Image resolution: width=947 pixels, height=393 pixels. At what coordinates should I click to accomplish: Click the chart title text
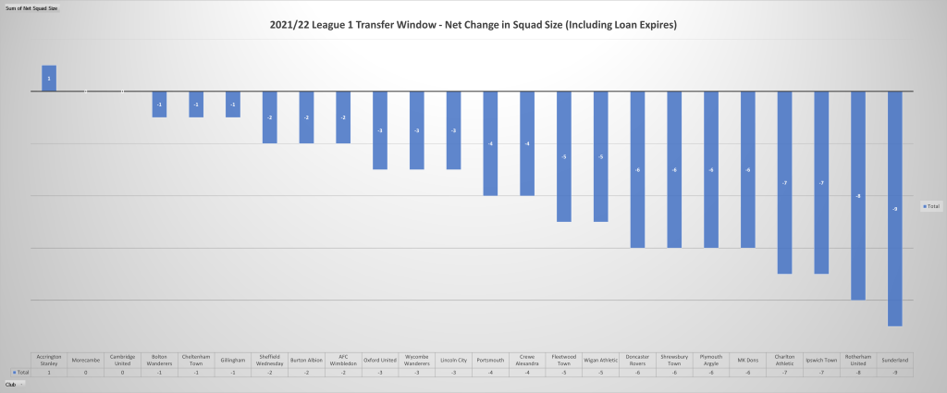coord(473,25)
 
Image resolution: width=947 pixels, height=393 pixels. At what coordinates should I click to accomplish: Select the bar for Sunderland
coord(894,208)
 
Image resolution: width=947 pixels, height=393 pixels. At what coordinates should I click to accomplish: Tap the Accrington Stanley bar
coord(49,79)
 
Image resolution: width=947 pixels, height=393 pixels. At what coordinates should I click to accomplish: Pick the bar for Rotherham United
coord(857,195)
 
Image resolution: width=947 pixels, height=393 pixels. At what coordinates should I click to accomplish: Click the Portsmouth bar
coord(490,143)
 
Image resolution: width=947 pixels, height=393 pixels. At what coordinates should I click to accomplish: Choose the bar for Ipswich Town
coord(820,182)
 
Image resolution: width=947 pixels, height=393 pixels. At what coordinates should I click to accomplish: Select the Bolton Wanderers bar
coord(159,104)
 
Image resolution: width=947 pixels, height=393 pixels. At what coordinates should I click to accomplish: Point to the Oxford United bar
coord(380,130)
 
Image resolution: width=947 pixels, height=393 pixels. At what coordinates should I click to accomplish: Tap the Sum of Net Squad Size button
coord(31,7)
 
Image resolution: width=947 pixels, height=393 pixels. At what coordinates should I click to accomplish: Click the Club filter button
coord(13,383)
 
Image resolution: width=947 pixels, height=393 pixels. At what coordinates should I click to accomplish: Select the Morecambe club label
coord(86,360)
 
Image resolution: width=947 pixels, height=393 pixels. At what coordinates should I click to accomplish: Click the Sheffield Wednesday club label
coord(269,360)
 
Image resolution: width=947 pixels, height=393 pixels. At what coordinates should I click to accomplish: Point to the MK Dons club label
coord(747,360)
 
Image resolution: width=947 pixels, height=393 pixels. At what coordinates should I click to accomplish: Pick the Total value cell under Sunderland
coord(894,372)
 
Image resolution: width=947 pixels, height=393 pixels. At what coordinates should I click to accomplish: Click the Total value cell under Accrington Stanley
coord(49,372)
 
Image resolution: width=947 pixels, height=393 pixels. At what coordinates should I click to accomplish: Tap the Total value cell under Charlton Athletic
coord(784,372)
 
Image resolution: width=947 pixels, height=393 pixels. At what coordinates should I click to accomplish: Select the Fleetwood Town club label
coord(563,360)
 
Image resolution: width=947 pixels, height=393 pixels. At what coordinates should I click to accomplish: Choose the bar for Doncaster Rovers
coord(637,169)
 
